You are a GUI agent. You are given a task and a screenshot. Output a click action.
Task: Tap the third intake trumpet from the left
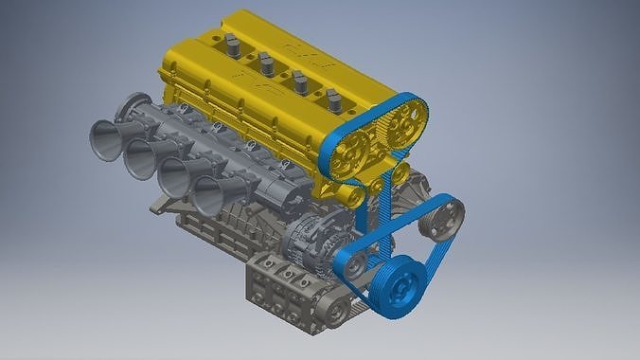[172, 177]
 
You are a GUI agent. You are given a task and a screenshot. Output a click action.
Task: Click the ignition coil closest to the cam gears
[333, 99]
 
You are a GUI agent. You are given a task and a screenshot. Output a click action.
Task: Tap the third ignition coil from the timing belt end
[266, 63]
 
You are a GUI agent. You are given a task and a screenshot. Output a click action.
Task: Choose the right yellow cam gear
[406, 119]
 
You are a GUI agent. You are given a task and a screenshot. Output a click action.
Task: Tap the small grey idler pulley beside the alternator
[355, 266]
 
